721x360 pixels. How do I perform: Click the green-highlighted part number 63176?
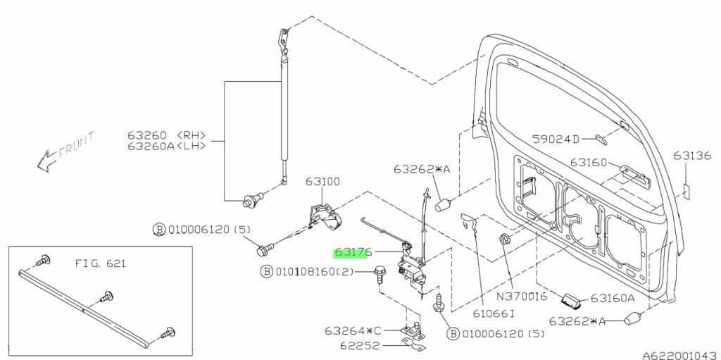pos(353,251)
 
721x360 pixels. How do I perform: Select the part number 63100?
pos(322,181)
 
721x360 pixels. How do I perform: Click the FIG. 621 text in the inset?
pos(97,264)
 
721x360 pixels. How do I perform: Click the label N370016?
pos(522,297)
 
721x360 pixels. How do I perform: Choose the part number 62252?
pos(361,346)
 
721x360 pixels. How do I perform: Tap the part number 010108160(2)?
pos(315,271)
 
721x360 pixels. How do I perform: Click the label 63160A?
pos(612,298)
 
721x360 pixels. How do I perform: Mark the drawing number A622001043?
pos(680,354)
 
